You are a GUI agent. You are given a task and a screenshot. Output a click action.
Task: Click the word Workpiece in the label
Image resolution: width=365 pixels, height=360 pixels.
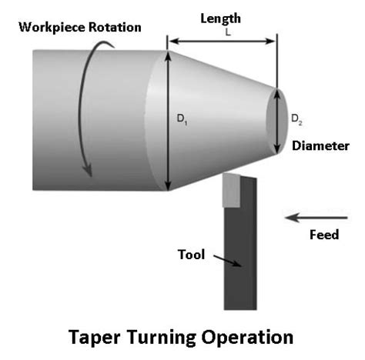(52, 28)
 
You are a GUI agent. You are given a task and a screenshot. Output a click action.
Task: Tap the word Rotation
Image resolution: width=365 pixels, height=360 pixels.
(115, 27)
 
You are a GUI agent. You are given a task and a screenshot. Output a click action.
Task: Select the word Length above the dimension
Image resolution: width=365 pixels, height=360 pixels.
(220, 18)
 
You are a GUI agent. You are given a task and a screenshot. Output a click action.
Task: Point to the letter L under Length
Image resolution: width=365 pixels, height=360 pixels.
(228, 32)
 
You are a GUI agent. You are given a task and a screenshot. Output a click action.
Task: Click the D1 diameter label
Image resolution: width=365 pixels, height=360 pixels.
(182, 119)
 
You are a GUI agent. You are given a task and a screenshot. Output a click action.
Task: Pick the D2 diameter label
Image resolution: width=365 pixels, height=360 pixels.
(296, 119)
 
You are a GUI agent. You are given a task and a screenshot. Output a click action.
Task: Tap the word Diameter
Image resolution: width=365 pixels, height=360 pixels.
(320, 146)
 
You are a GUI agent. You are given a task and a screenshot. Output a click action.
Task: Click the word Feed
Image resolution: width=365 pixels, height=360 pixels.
(324, 235)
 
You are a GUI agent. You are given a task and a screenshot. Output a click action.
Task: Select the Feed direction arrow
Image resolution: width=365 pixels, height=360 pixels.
(316, 218)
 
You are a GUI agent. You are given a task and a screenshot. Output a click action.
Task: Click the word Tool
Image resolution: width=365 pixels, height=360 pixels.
(191, 255)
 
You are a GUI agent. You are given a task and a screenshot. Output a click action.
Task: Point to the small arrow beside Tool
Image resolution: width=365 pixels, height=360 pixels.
(227, 261)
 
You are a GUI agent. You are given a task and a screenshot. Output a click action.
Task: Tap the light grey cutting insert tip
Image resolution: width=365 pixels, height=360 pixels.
(231, 190)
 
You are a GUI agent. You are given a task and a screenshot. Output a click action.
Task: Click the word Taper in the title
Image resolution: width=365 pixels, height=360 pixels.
(95, 338)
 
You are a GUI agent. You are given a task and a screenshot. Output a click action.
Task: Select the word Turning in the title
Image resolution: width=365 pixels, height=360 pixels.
(161, 338)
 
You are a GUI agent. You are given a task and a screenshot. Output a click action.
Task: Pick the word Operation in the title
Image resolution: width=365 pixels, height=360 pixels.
(247, 338)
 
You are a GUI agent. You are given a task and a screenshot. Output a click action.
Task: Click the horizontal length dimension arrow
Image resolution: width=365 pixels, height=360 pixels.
(223, 41)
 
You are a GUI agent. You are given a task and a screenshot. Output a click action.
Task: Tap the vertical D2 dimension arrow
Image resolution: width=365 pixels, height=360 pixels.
(277, 122)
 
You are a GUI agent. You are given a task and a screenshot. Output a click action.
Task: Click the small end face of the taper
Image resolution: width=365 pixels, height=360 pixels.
(276, 122)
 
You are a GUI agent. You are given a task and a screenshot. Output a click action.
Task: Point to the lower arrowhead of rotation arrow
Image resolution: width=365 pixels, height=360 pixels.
(88, 170)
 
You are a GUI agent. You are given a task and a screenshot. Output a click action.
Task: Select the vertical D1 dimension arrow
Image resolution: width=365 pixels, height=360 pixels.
(168, 121)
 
